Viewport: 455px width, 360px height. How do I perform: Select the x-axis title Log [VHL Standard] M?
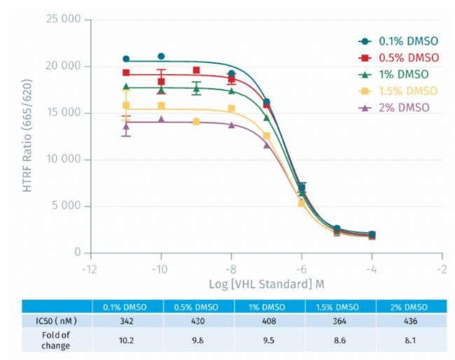[266, 284]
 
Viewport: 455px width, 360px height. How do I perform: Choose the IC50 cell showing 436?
[411, 320]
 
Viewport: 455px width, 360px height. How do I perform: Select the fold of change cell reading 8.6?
[340, 340]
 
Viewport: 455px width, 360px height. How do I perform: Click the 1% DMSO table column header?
[269, 306]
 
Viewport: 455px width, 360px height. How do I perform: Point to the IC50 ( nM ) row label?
[56, 320]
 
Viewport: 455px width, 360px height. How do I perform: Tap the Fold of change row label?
[56, 340]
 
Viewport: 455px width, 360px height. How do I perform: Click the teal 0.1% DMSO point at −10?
[161, 56]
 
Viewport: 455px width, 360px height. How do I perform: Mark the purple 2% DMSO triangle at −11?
[126, 127]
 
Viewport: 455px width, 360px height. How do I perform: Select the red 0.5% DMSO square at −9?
[196, 70]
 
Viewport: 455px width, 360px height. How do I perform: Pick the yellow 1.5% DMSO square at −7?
[266, 136]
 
